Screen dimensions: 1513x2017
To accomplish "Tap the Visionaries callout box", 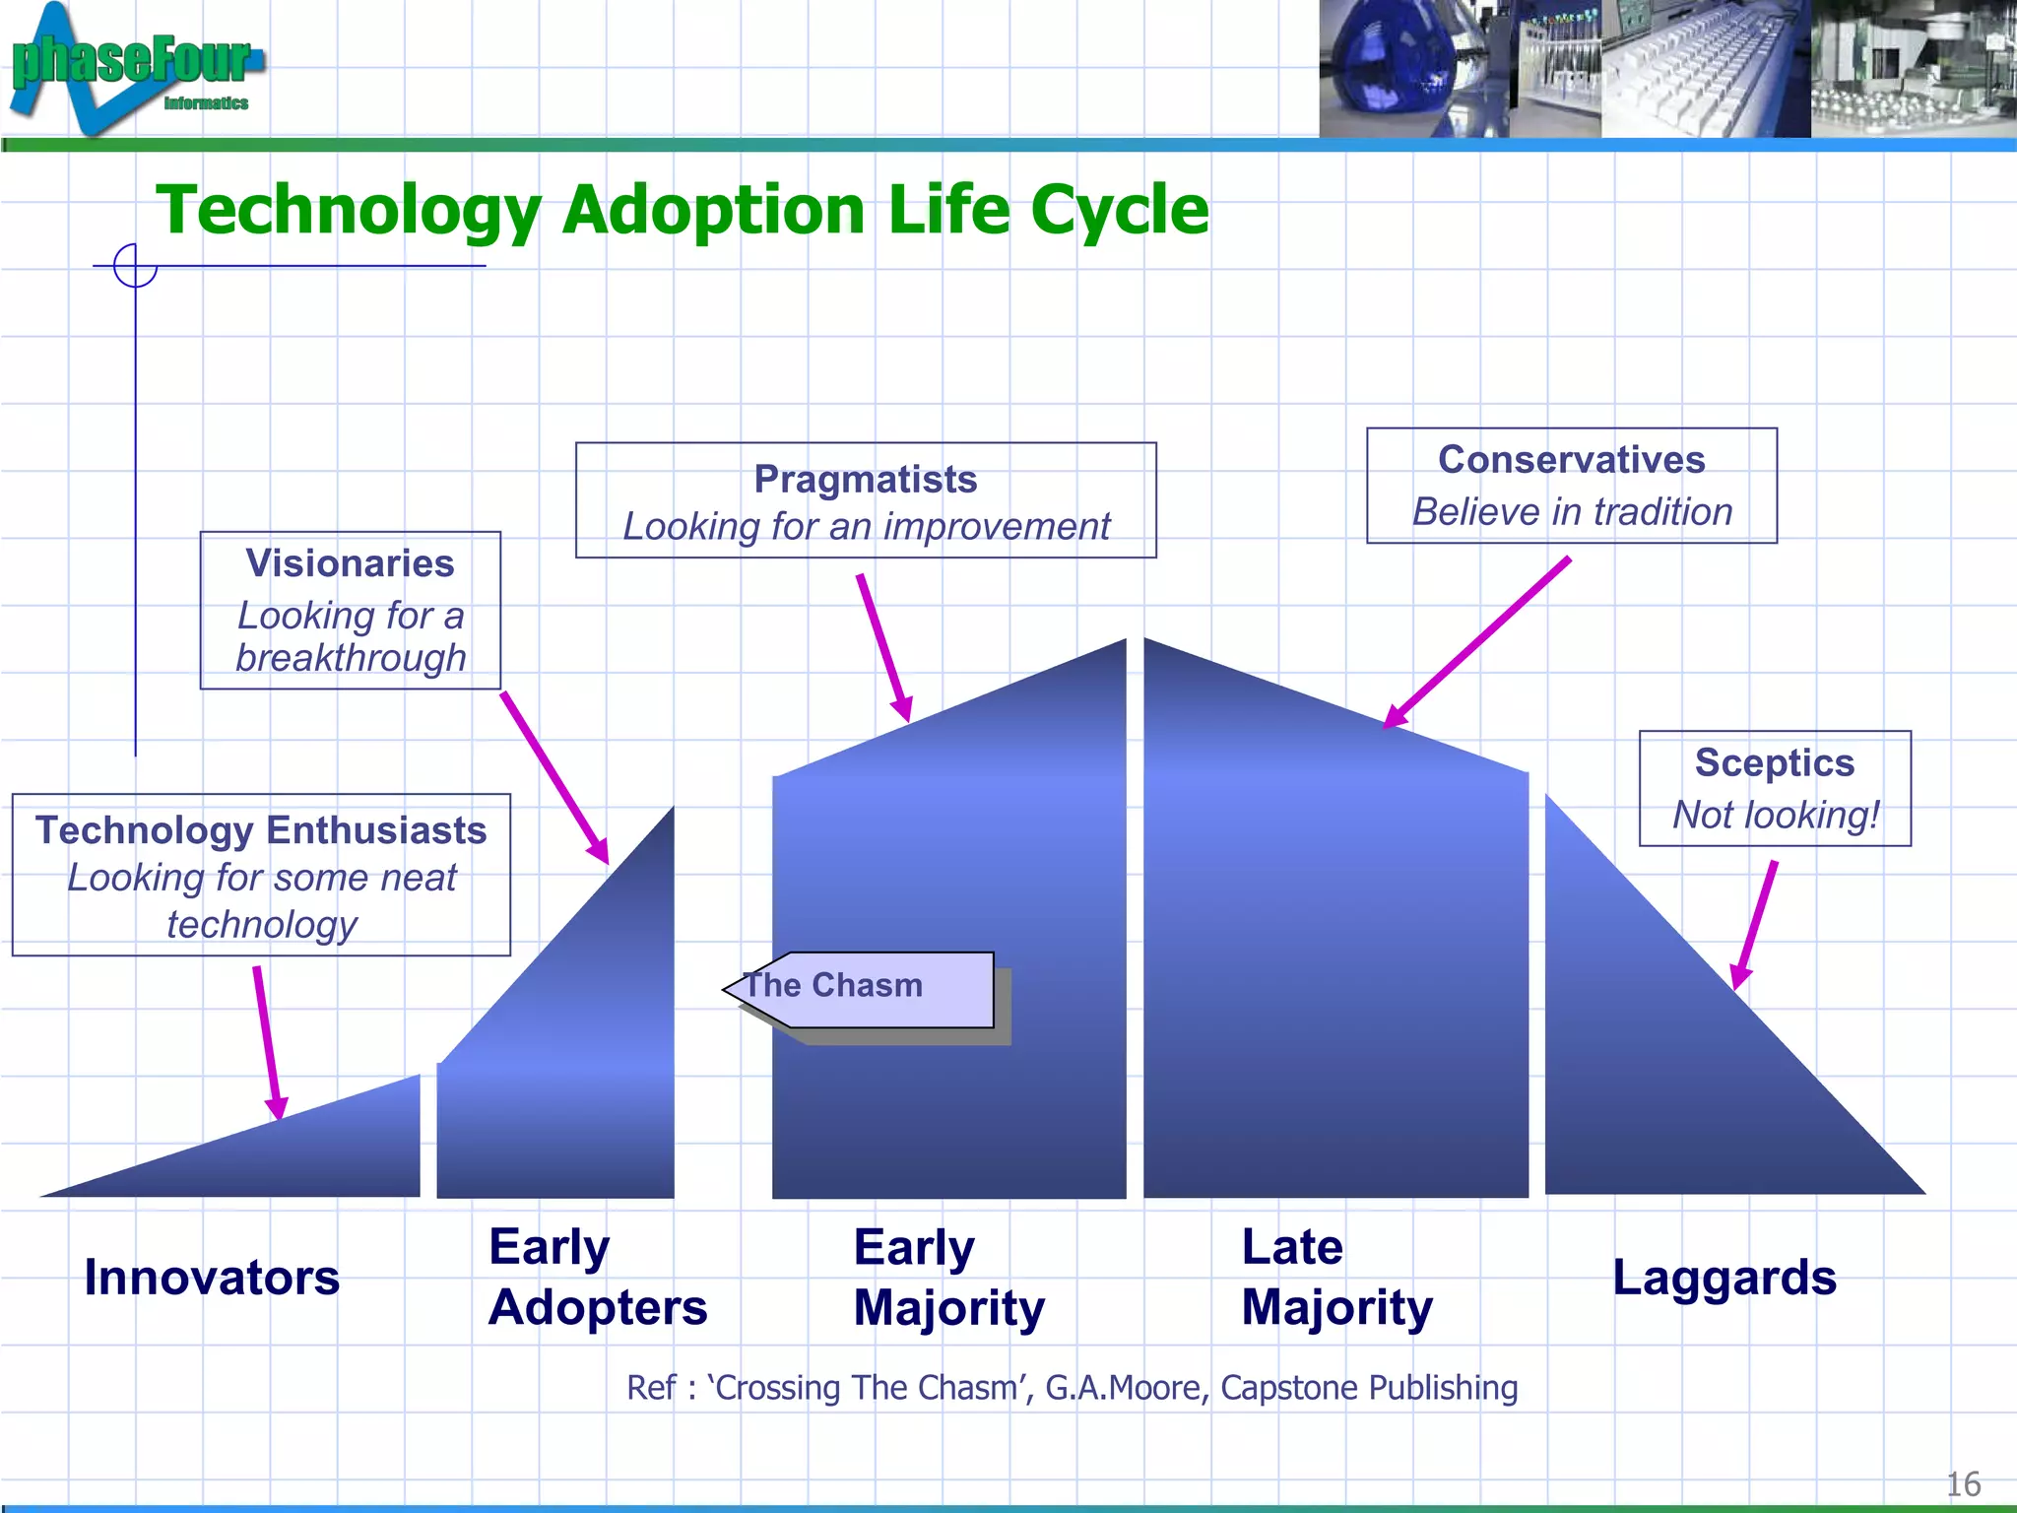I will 350,611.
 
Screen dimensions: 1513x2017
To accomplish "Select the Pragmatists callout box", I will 865,500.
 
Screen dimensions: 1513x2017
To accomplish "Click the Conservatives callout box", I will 1571,486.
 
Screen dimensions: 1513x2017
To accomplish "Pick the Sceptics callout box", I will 1774,788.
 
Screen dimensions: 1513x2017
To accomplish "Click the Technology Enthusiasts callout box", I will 261,875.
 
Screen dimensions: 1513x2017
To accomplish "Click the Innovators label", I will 212,1278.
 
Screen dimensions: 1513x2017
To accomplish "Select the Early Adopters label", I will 597,1278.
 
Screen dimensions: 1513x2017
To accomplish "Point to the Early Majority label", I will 948,1278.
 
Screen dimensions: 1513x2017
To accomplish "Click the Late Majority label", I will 1335,1278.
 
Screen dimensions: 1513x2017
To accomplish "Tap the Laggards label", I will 1724,1278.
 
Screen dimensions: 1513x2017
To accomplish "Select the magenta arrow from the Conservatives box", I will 1477,642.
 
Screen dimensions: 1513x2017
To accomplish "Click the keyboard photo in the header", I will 1706,69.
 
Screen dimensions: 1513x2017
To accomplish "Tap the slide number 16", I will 1962,1483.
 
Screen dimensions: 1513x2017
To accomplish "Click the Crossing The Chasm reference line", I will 1072,1388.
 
